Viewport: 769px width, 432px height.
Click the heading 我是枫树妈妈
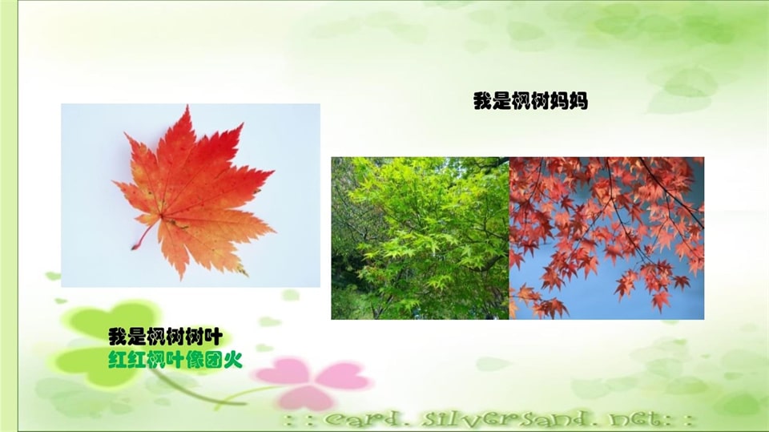529,102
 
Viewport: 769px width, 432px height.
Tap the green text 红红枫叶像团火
175,359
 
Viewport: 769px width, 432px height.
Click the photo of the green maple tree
420,238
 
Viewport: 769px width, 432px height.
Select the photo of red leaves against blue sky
606,238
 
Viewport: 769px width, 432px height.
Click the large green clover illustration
104,345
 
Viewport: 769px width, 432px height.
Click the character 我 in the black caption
117,337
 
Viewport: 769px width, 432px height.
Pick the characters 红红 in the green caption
128,359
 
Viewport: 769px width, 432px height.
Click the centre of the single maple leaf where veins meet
163,214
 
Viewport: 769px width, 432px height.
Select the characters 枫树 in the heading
529,102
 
